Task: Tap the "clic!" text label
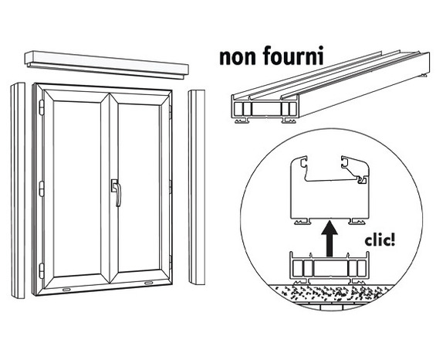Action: [380, 240]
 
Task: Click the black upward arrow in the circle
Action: [330, 239]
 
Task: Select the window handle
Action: [117, 192]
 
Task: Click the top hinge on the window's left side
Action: [42, 107]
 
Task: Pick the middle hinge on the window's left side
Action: [42, 188]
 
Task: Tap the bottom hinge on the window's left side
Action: [42, 270]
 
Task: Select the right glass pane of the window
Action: [139, 188]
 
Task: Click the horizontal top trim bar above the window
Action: [106, 65]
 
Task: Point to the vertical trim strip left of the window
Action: [18, 191]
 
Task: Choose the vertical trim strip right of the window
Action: [197, 187]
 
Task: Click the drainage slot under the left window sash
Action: [66, 290]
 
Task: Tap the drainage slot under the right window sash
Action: [149, 284]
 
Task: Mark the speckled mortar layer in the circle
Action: [330, 293]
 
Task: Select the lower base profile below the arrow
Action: [330, 268]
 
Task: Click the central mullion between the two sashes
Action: [109, 188]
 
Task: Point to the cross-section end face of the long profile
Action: [265, 110]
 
